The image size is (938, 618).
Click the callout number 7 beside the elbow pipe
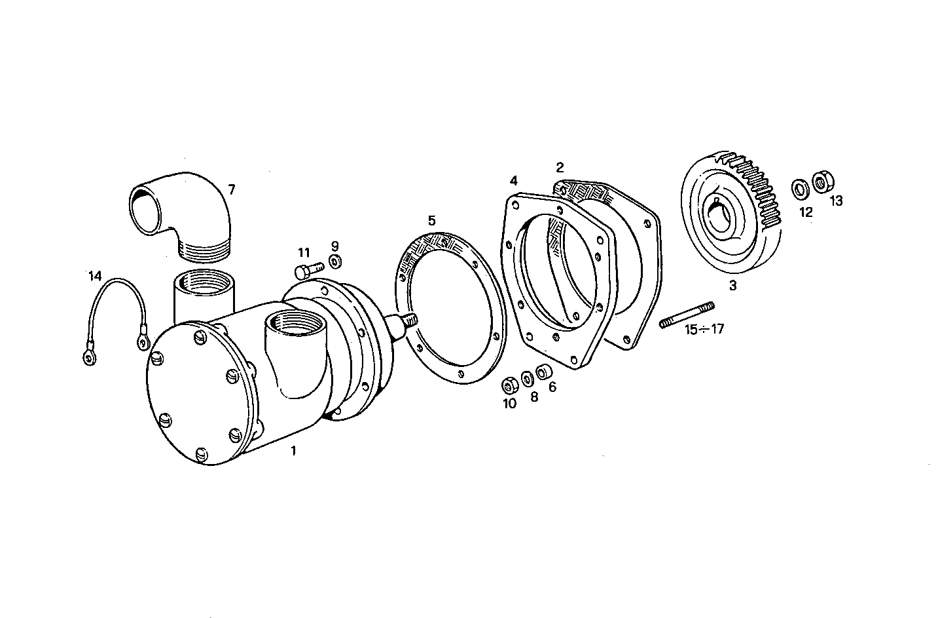pos(231,189)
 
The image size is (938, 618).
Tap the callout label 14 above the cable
pos(96,276)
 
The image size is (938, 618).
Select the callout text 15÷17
pos(704,330)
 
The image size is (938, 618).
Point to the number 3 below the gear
pos(732,286)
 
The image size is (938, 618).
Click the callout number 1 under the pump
pos(293,451)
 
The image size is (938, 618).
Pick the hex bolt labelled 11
pos(308,269)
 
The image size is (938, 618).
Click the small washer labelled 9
pos(334,262)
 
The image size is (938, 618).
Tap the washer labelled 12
pos(801,189)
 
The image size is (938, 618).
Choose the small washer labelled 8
pos(526,379)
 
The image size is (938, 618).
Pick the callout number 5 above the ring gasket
pos(431,220)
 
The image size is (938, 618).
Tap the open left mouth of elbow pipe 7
pos(145,210)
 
